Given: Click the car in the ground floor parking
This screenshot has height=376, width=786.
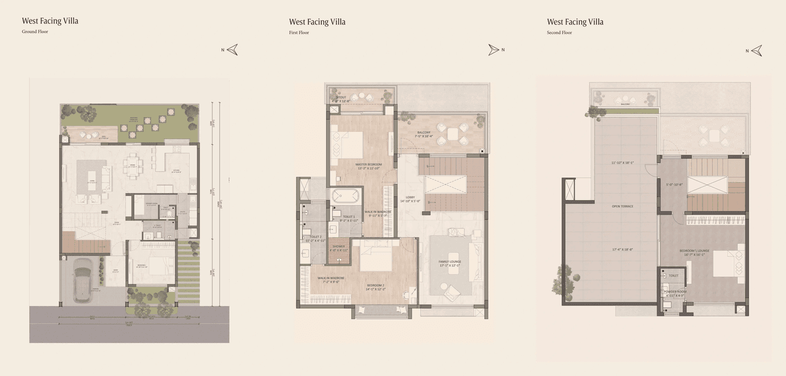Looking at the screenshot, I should point(84,280).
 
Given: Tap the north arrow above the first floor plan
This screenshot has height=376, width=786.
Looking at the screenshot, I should point(494,50).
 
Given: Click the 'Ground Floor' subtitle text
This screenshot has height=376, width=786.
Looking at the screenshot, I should point(35,32).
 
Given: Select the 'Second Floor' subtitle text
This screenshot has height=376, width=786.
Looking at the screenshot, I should point(559,33).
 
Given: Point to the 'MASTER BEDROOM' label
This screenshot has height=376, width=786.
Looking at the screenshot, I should point(368,164).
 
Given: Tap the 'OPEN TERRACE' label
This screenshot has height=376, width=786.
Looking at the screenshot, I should point(622,206).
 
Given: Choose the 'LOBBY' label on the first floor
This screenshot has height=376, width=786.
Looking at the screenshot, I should point(410,197).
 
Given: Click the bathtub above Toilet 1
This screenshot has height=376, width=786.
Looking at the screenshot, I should point(340,196).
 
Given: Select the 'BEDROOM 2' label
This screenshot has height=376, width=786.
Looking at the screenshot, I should point(376,285).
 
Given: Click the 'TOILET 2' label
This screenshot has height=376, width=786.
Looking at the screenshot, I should point(316,237).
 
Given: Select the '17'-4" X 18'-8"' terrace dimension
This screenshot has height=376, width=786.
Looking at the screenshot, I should point(622,249).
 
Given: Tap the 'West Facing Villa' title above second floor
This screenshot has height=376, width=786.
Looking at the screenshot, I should point(575,22).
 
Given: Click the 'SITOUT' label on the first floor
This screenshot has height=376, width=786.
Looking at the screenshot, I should point(341,97).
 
